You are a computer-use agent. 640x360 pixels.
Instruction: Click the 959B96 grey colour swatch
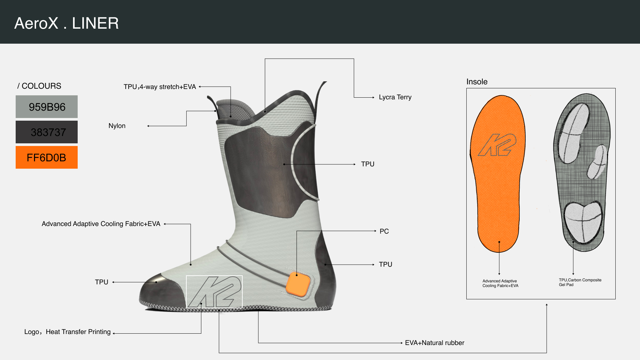tap(47, 107)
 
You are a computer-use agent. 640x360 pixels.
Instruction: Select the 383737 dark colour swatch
tap(47, 132)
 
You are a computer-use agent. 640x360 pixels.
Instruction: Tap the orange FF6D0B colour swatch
tap(47, 157)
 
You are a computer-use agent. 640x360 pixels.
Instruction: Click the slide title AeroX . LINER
tap(67, 23)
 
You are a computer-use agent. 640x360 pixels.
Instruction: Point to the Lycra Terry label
tap(395, 97)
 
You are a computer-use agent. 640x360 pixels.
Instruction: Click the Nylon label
tap(117, 126)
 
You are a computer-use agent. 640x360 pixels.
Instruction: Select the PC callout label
tap(384, 231)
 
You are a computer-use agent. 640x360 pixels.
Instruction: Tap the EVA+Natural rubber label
tap(435, 343)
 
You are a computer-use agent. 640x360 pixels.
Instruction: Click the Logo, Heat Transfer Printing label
tap(67, 332)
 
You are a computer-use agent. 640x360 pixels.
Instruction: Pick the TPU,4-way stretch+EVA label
tap(160, 87)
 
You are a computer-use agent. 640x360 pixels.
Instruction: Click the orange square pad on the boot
tap(298, 284)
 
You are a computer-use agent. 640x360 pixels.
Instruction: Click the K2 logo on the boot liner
tap(214, 292)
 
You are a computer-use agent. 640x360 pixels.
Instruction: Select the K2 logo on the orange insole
tap(497, 145)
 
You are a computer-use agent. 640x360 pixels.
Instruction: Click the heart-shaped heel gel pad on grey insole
tap(583, 222)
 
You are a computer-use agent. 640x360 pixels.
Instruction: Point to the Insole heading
tap(477, 82)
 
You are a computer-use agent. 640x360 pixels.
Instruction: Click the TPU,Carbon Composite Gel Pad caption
tap(580, 282)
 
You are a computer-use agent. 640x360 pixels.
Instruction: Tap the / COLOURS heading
tap(39, 86)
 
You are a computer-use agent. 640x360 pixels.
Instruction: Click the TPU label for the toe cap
tap(102, 282)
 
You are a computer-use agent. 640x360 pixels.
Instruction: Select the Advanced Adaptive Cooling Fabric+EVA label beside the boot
tap(101, 224)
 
